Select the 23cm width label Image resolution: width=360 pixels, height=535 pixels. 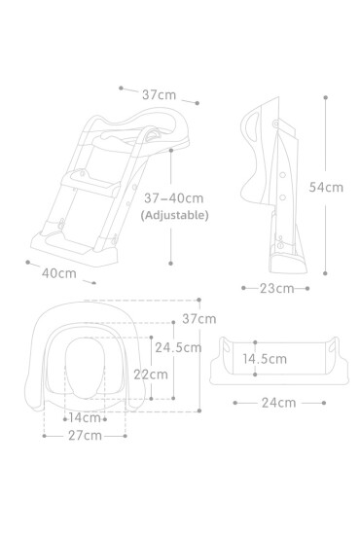[x=275, y=288]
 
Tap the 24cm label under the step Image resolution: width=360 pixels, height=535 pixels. [x=278, y=402]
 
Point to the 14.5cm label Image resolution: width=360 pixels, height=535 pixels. [x=264, y=358]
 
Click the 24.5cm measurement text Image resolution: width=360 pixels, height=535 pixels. [x=177, y=346]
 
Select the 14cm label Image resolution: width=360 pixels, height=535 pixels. [x=84, y=417]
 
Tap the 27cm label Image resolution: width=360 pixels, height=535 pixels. [x=86, y=435]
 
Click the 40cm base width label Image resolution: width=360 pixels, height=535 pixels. [x=59, y=273]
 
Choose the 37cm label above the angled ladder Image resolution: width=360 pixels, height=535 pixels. [x=159, y=94]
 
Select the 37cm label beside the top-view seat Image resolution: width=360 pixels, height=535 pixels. [x=199, y=318]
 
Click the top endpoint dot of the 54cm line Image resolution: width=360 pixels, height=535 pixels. [x=324, y=96]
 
